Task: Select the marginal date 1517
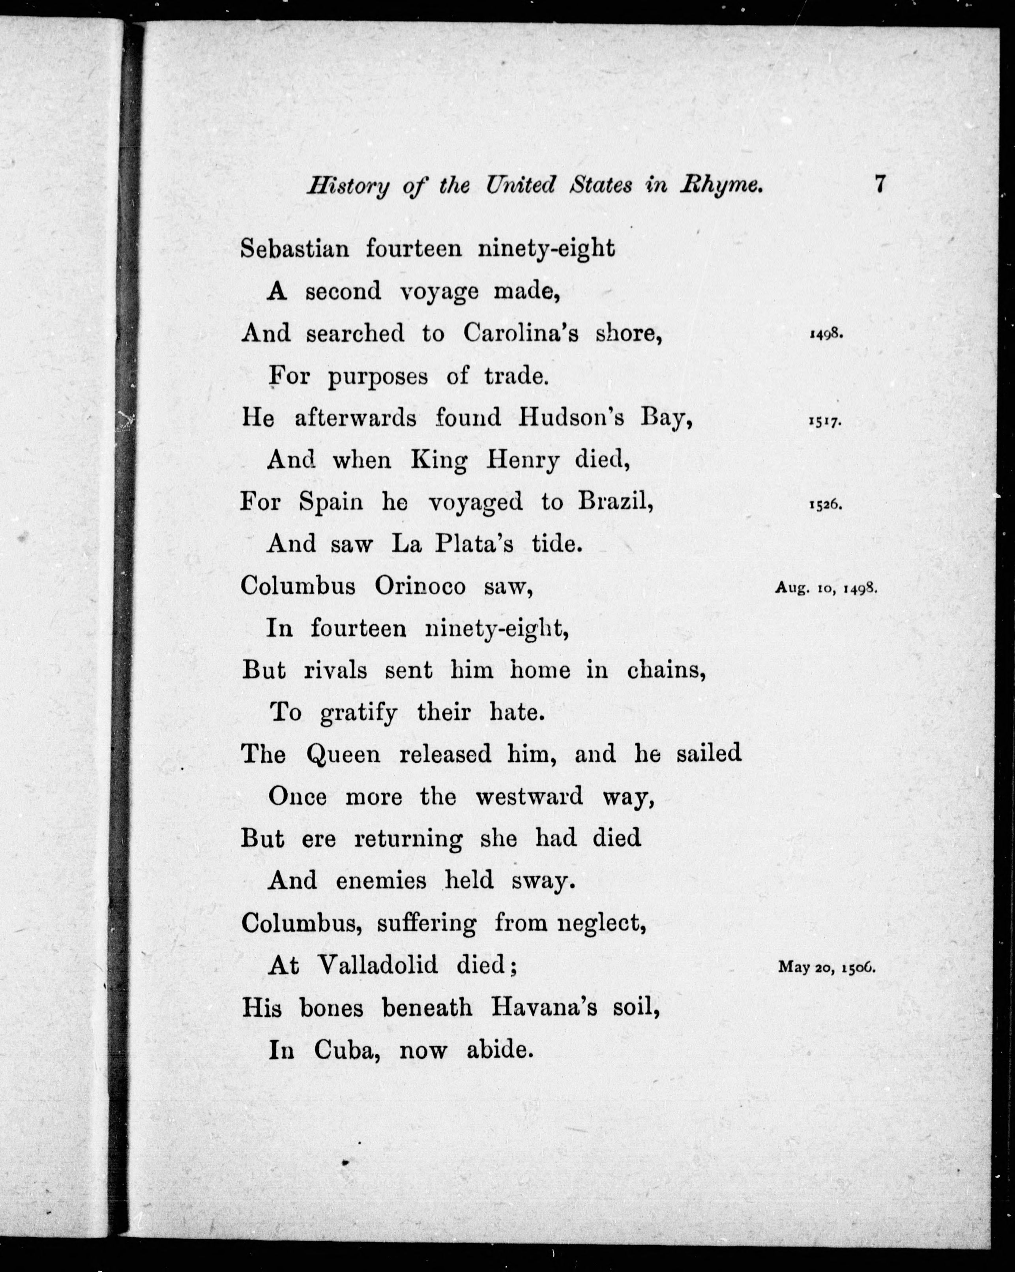coord(824,423)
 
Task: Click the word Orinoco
coord(419,586)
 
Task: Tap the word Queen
coord(343,755)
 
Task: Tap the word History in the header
coord(348,187)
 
